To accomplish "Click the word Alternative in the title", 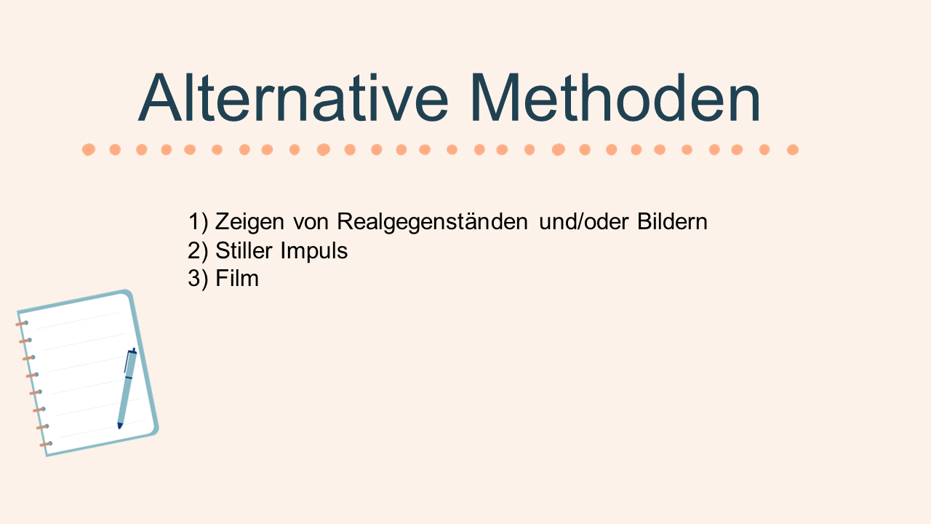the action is pyautogui.click(x=293, y=98).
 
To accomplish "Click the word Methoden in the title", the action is pyautogui.click(x=615, y=98).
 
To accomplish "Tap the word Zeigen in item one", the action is pyautogui.click(x=249, y=221).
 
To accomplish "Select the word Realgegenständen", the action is pyautogui.click(x=432, y=221).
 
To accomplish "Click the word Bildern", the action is pyautogui.click(x=672, y=221).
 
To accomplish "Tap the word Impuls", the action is pyautogui.click(x=313, y=251).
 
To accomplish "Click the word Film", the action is pyautogui.click(x=237, y=278).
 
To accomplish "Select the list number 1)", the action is pyautogui.click(x=198, y=222).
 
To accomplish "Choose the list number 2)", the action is pyautogui.click(x=198, y=251).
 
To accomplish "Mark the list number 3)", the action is pyautogui.click(x=198, y=279).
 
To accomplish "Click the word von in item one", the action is pyautogui.click(x=311, y=223).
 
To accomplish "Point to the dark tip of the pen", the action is pyautogui.click(x=120, y=426).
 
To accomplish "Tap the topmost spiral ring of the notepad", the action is pyautogui.click(x=22, y=323).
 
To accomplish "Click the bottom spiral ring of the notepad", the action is pyautogui.click(x=46, y=444).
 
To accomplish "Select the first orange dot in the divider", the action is pyautogui.click(x=89, y=149).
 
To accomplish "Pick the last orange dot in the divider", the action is pyautogui.click(x=793, y=149).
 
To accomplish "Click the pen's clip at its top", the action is pyautogui.click(x=127, y=361).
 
